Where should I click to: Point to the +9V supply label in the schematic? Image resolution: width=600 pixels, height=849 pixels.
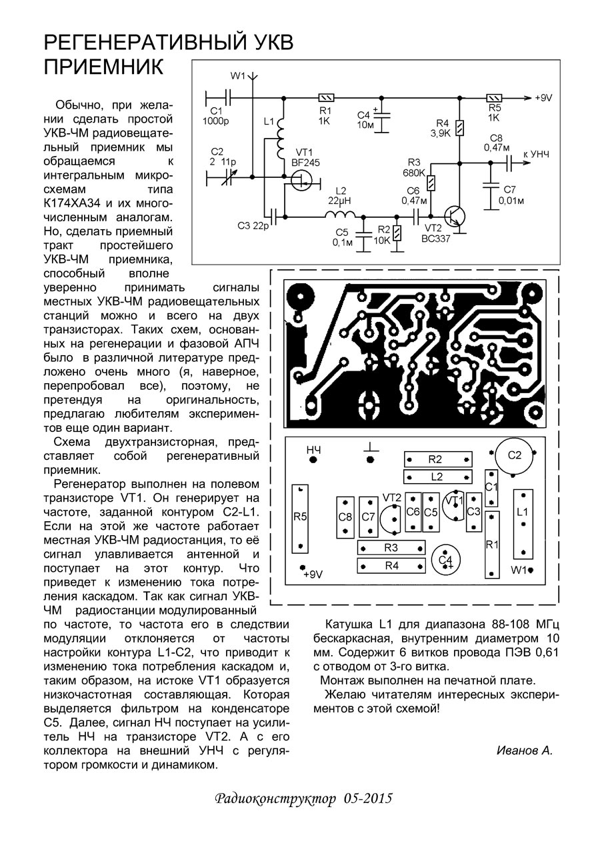(543, 98)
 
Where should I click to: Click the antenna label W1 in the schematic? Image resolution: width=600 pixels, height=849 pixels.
(238, 75)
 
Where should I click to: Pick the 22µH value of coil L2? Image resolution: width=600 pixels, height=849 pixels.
(341, 201)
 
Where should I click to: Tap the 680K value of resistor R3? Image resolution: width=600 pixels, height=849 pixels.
(413, 173)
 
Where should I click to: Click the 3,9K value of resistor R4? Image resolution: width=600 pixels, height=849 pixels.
(440, 133)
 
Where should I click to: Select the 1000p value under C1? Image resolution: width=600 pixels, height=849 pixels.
(216, 121)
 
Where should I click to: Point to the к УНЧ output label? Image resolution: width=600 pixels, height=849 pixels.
(537, 155)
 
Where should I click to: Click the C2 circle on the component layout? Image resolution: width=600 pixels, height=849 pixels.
(514, 456)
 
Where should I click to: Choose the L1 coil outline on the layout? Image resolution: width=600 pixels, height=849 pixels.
(523, 524)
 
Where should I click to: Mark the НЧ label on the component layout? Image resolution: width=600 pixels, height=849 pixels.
(313, 450)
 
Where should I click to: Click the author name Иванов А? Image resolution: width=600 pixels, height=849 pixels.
(525, 750)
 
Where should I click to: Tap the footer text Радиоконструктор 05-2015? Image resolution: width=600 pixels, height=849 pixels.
(303, 799)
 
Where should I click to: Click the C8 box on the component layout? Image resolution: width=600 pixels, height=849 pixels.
(345, 516)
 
